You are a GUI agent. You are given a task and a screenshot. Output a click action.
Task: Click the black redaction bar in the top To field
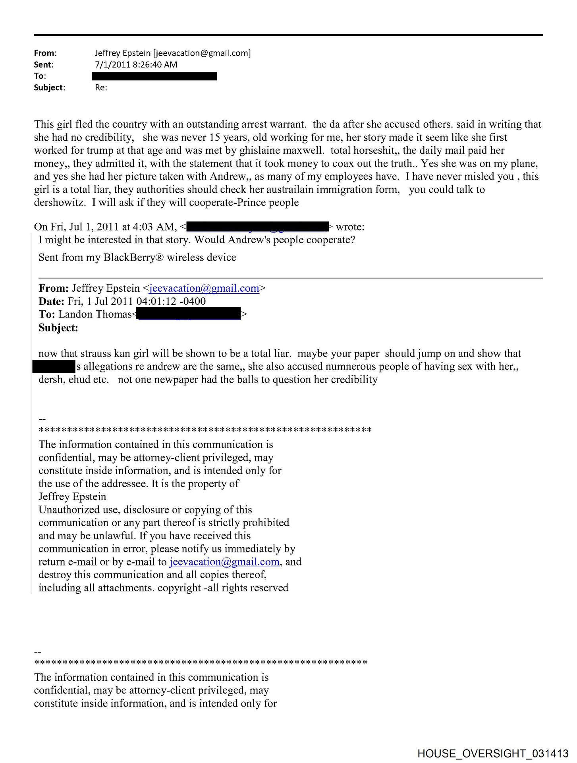point(154,76)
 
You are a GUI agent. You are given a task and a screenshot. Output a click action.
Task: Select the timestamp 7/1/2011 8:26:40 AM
point(136,64)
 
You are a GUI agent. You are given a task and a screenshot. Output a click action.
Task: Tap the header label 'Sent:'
point(43,64)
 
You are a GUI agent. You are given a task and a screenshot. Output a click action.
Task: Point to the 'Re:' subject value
point(101,87)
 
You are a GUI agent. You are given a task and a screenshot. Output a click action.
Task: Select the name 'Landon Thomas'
point(95,314)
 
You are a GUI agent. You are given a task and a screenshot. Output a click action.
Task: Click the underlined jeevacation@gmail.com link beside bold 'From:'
point(204,288)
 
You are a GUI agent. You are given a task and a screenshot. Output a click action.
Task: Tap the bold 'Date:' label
point(51,301)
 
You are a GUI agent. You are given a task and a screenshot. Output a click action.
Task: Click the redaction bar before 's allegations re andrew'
point(54,366)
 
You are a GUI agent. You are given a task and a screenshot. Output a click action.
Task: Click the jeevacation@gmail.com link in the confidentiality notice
point(224,562)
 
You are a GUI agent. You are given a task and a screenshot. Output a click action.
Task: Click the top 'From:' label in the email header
point(45,53)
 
